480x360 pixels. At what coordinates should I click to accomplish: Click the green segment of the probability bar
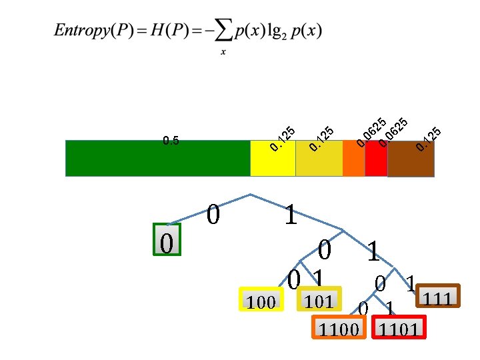[x=157, y=158]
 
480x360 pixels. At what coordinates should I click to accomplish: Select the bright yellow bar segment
[x=273, y=158]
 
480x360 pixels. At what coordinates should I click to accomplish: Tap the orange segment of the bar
[x=354, y=158]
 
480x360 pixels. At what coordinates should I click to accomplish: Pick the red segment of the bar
[x=376, y=158]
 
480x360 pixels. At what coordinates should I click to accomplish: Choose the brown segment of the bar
[x=411, y=158]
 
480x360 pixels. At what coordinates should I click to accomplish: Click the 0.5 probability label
[x=171, y=141]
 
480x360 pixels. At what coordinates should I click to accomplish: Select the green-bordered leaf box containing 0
[x=167, y=239]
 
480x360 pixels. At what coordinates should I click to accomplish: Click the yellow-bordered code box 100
[x=261, y=302]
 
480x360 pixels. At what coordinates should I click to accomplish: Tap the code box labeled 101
[x=319, y=300]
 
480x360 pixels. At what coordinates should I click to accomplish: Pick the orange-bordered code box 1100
[x=339, y=327]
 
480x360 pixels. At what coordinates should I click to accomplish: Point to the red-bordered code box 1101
[x=399, y=327]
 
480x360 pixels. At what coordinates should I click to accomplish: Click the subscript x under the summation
[x=223, y=54]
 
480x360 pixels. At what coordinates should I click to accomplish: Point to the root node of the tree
[x=250, y=195]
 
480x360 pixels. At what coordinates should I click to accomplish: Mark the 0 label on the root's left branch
[x=213, y=215]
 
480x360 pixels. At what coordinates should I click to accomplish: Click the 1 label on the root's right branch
[x=291, y=215]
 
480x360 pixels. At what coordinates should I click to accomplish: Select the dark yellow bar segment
[x=319, y=158]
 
